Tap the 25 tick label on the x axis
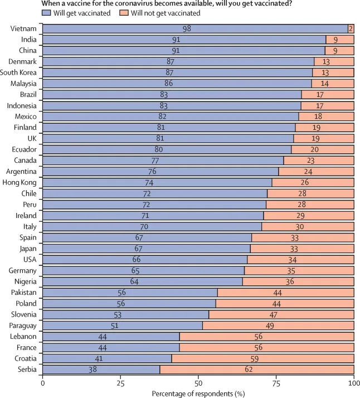pos(120,383)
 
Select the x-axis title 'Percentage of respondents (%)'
pos(198,392)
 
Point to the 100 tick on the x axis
pos(353,383)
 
